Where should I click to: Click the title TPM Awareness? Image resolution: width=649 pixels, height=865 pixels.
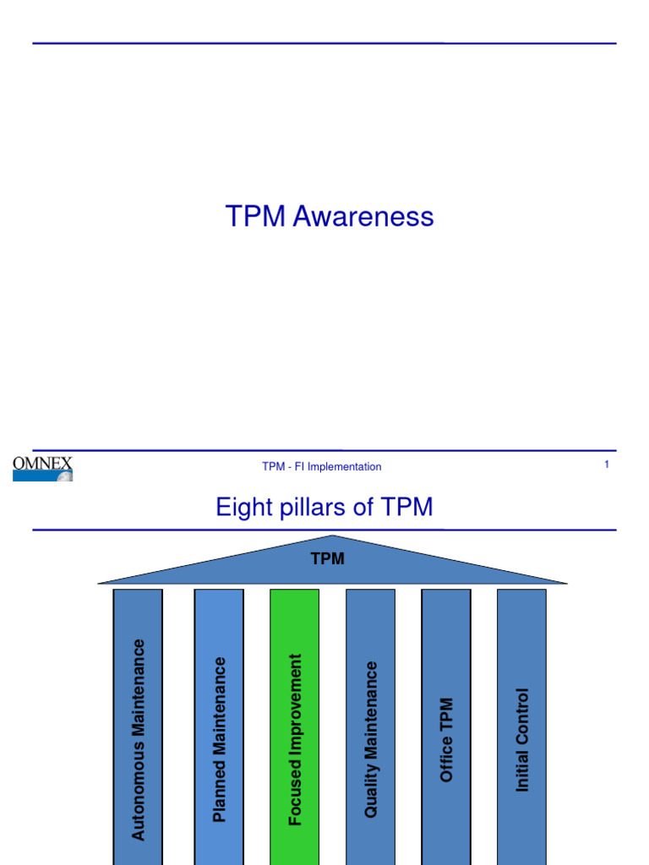click(x=330, y=217)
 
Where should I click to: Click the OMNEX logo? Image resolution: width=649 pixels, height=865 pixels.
click(x=42, y=467)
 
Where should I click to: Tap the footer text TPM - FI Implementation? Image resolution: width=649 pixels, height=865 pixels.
click(x=321, y=466)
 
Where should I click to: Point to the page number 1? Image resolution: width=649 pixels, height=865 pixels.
click(x=607, y=465)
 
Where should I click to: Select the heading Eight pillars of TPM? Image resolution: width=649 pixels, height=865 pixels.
click(x=324, y=507)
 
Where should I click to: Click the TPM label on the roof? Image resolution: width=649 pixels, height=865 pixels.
click(x=328, y=559)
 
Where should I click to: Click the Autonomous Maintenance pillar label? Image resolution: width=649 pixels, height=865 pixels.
click(x=139, y=739)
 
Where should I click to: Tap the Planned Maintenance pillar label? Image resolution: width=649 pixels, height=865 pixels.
click(x=220, y=739)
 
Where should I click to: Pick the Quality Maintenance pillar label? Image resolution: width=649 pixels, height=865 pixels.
click(x=370, y=739)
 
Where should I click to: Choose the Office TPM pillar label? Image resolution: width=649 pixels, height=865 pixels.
click(x=446, y=739)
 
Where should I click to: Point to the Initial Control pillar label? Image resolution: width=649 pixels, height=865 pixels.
click(x=522, y=739)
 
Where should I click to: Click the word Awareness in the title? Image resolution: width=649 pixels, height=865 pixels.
click(x=363, y=217)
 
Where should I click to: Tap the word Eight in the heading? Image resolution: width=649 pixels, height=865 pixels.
click(x=243, y=507)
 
